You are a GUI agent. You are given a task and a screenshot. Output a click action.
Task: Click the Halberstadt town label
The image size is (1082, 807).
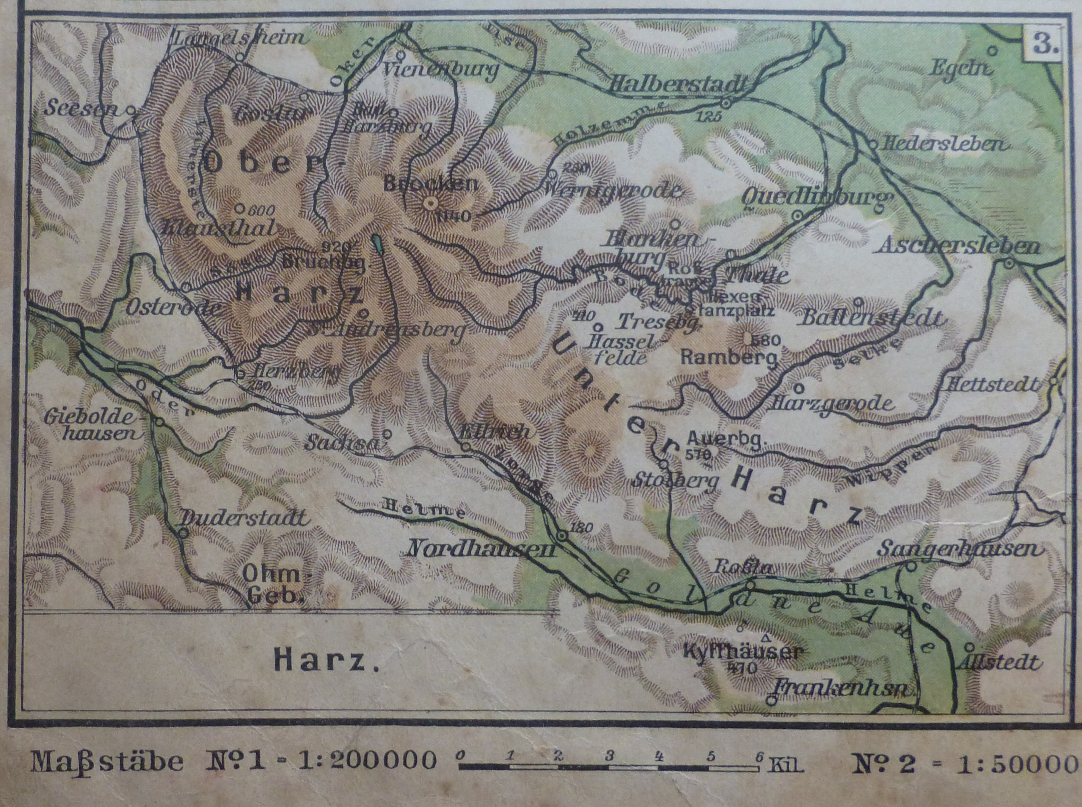click(678, 85)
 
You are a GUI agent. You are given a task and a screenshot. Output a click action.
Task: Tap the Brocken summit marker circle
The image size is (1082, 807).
click(430, 203)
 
